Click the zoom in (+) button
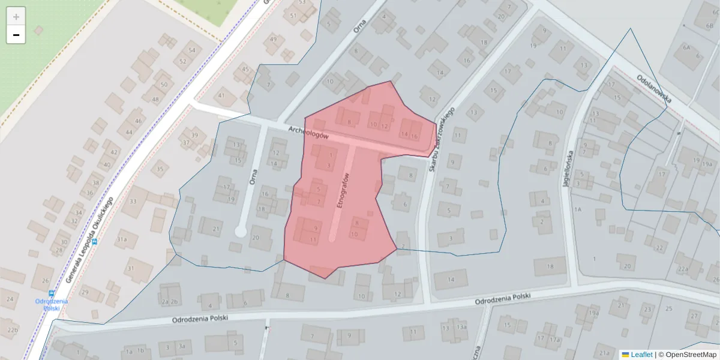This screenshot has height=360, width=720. pos(16,17)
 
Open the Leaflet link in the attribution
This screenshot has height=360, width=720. pos(641,355)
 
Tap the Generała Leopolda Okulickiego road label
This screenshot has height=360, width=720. pos(90,238)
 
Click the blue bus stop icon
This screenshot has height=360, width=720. pos(51,293)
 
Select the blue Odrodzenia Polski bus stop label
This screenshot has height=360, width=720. pos(51,304)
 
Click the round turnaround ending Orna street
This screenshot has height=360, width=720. pos(241,231)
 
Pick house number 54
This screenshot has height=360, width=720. pos(192,50)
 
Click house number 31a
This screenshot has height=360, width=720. pos(122,239)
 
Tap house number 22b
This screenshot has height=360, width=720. pos(13,329)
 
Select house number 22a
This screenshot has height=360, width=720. pos(683,269)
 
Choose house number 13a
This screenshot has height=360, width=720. pos(461,327)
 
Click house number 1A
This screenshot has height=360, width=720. pos(578,209)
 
